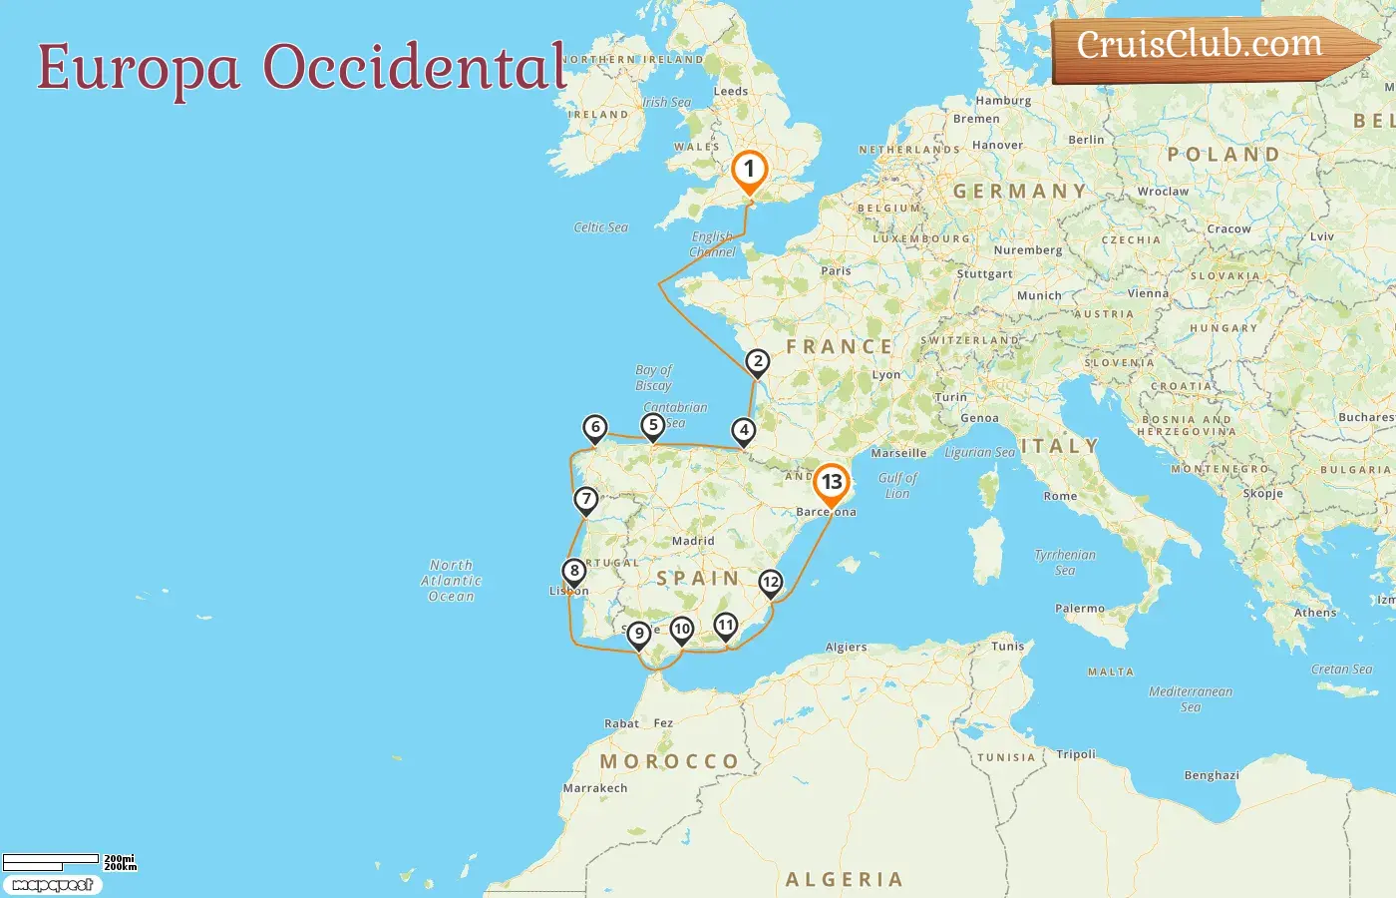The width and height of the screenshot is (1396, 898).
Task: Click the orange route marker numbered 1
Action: pyautogui.click(x=749, y=170)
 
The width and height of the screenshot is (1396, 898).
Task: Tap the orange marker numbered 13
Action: pyautogui.click(x=832, y=483)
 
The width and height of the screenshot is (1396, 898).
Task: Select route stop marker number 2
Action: pyautogui.click(x=758, y=362)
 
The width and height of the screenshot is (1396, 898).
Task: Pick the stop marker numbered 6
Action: pyautogui.click(x=595, y=428)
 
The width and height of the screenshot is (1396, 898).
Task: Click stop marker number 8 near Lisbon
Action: pyautogui.click(x=573, y=572)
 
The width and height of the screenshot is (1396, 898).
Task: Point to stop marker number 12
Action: pyautogui.click(x=771, y=583)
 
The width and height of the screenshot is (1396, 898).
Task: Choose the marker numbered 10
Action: pyautogui.click(x=682, y=630)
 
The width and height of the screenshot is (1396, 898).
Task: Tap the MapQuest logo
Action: pyautogui.click(x=53, y=885)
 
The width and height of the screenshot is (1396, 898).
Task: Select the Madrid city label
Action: pyautogui.click(x=693, y=541)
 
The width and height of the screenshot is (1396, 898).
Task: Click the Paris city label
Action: pyautogui.click(x=836, y=270)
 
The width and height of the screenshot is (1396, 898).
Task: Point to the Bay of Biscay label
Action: pyautogui.click(x=654, y=377)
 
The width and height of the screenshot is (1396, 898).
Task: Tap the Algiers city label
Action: pyautogui.click(x=846, y=648)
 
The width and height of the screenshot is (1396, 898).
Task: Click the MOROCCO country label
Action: pyautogui.click(x=669, y=761)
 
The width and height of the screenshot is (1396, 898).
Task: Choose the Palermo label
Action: pyautogui.click(x=1080, y=608)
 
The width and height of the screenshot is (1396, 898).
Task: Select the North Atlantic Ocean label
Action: pyautogui.click(x=452, y=581)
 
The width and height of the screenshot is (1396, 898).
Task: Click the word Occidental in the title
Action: pyautogui.click(x=415, y=68)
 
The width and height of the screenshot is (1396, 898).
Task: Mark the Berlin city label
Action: pyautogui.click(x=1086, y=140)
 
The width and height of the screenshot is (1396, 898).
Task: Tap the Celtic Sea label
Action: pyautogui.click(x=601, y=227)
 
